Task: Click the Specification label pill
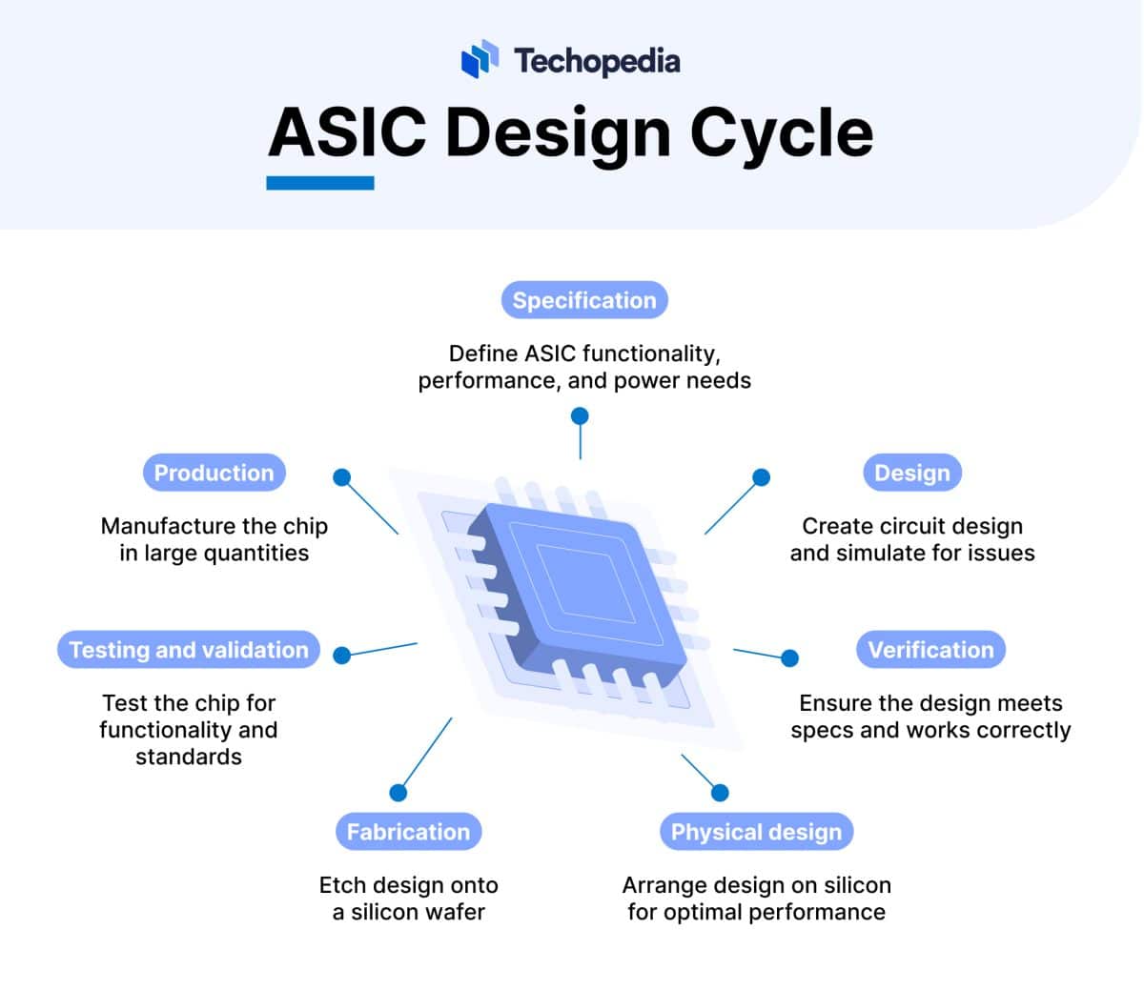tap(584, 300)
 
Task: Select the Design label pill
tap(911, 473)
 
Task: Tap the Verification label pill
tap(930, 650)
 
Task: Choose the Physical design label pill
tap(756, 832)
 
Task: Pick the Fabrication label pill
tap(408, 832)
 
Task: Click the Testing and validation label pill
tap(189, 650)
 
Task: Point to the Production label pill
tap(214, 473)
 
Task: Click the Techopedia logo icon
tap(480, 59)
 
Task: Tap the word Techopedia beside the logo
tap(597, 61)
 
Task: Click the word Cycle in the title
tap(781, 132)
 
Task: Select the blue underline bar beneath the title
tap(320, 183)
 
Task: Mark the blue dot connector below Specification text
tap(580, 416)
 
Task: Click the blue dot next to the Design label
tap(761, 476)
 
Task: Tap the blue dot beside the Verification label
tap(789, 657)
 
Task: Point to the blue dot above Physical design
tap(720, 793)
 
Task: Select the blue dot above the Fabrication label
tap(398, 793)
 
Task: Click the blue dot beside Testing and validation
tap(342, 655)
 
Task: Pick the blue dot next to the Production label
tap(341, 476)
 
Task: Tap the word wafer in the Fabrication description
tap(456, 912)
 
